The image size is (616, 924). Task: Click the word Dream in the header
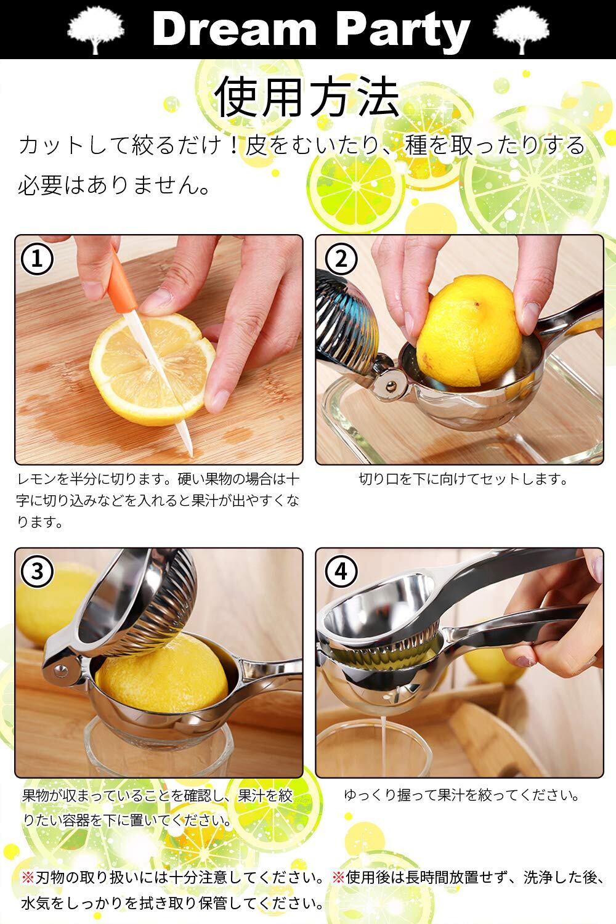[234, 29]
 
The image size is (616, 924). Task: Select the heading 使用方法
[308, 97]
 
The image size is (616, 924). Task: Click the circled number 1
[37, 259]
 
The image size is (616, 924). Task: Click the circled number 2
[341, 259]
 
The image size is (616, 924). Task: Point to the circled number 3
[37, 572]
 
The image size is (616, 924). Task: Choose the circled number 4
[341, 572]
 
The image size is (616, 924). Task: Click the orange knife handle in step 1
[122, 283]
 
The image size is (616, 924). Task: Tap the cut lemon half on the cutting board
[152, 369]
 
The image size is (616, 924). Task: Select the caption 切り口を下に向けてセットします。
[464, 479]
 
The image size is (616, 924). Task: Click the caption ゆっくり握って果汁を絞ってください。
[462, 795]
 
